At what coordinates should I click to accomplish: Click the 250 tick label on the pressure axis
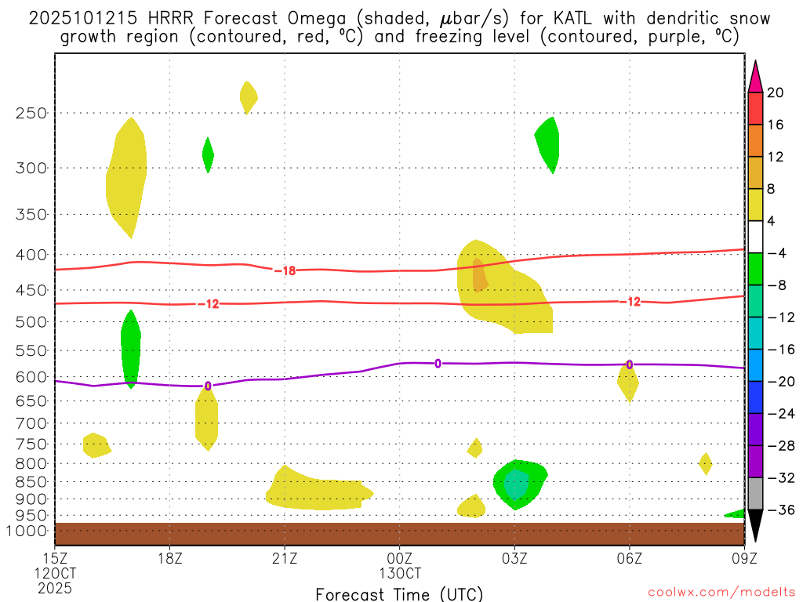(31, 113)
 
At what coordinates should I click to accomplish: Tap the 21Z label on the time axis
(285, 558)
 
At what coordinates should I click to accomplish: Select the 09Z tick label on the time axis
(744, 558)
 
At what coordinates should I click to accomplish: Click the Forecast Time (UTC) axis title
(399, 593)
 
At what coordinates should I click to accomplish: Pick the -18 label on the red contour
(285, 270)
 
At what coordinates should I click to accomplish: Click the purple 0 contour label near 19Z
(207, 386)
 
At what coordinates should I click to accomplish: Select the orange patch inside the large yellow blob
(479, 275)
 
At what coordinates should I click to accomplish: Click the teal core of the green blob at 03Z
(515, 485)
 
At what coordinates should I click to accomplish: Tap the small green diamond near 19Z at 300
(208, 154)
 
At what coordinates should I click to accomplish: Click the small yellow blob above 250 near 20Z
(248, 96)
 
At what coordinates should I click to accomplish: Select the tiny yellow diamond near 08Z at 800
(705, 463)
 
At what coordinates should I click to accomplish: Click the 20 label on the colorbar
(776, 92)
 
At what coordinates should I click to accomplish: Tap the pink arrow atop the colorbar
(755, 76)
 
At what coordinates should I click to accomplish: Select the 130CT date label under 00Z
(399, 573)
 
